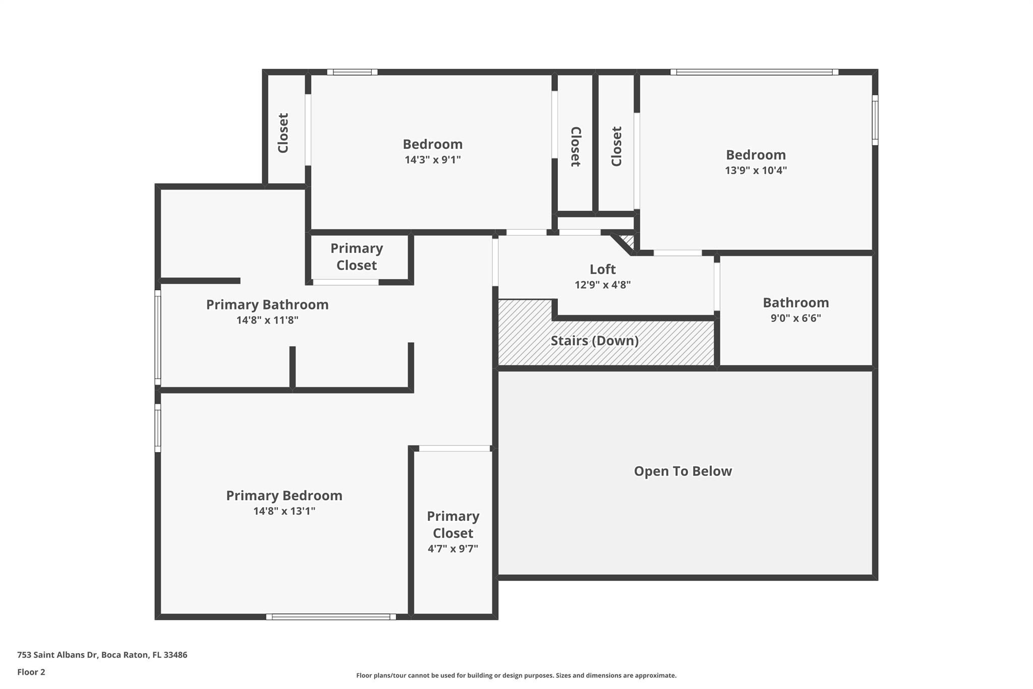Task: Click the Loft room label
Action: [x=603, y=269]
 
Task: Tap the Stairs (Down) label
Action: [x=595, y=341]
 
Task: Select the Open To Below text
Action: [x=683, y=471]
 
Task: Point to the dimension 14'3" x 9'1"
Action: [x=433, y=160]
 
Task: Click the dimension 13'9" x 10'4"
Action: [x=756, y=170]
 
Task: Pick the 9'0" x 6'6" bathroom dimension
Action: [x=796, y=318]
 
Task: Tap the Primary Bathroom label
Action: [x=267, y=305]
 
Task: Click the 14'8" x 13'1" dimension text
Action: [x=284, y=511]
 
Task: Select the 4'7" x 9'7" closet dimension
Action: [x=453, y=549]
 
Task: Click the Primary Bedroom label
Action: [x=284, y=496]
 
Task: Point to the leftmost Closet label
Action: [x=283, y=133]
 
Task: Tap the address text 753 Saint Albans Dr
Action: [x=57, y=655]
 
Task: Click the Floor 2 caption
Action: [x=31, y=672]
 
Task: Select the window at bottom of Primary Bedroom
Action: [x=331, y=617]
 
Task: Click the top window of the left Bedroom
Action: [x=352, y=72]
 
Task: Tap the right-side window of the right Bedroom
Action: [x=875, y=120]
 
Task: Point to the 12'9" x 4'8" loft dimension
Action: [x=603, y=285]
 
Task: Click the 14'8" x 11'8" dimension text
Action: [x=267, y=320]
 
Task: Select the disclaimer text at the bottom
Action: [x=516, y=675]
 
